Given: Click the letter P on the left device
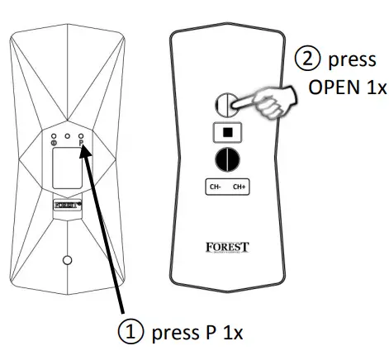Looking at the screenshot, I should (81, 143).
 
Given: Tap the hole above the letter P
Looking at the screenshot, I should (81, 134).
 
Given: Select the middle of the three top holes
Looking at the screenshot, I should (68, 134).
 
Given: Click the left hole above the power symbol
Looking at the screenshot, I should (55, 134).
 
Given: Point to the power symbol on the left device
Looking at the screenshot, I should (55, 143).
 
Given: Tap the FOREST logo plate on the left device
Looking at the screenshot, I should (68, 202).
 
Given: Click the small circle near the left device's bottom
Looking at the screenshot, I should (68, 260).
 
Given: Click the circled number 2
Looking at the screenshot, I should (304, 60).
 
